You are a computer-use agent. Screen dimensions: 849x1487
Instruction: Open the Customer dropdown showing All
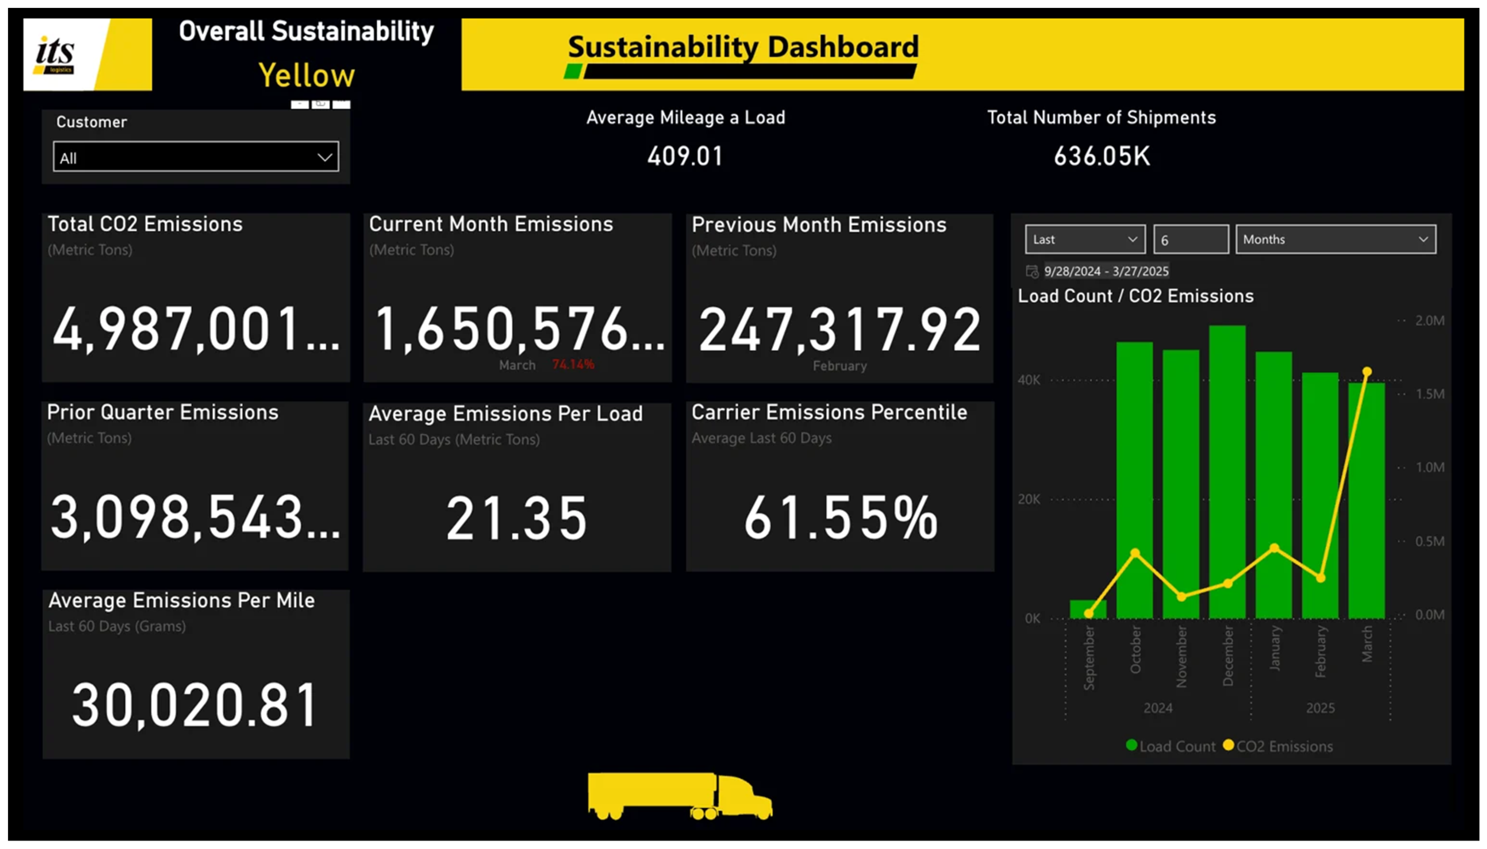coord(195,157)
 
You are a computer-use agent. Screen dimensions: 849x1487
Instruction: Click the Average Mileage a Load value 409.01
coord(685,156)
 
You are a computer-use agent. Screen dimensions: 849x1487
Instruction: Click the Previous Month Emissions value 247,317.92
coord(839,330)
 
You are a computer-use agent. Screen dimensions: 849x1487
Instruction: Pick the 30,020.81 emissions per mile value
coord(195,705)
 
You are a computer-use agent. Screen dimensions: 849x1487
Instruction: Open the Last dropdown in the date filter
coord(1085,240)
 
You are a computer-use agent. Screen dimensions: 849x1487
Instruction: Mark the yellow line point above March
coord(1367,371)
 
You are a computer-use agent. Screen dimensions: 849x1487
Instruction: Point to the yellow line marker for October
coord(1135,553)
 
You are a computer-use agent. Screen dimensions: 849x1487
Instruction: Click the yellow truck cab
coord(743,796)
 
